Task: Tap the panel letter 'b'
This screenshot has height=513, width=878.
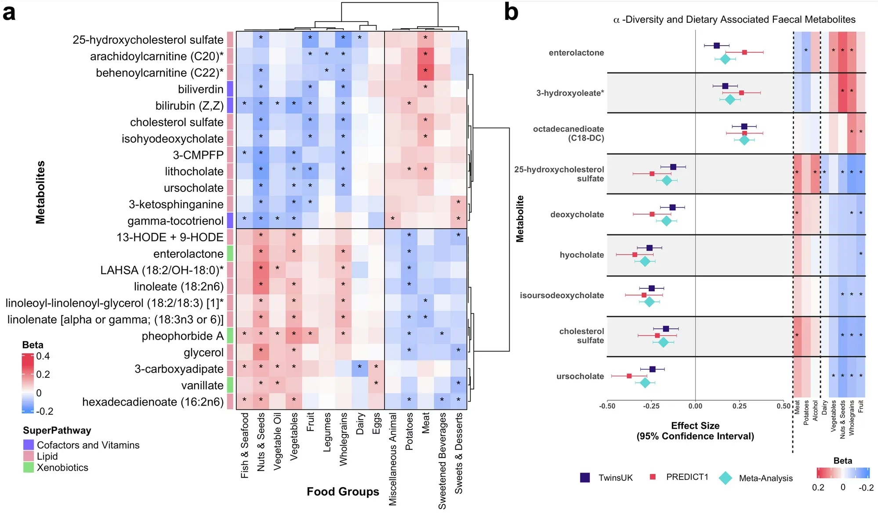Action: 511,12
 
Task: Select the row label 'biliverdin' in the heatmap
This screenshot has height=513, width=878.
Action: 200,89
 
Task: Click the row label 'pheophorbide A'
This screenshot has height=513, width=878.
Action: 182,336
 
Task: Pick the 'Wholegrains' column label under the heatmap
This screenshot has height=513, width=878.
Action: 343,439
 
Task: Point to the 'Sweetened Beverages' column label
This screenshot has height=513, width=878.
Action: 442,460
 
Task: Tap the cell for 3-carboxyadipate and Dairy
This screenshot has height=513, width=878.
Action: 359,367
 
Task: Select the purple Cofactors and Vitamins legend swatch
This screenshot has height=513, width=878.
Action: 29,445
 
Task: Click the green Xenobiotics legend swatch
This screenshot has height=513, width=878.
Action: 29,467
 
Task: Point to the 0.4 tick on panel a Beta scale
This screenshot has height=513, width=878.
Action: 43,356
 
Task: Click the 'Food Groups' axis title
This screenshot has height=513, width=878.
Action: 343,491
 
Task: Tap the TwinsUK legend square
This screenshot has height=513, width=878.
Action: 585,477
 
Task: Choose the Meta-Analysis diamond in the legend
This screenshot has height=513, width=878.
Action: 725,478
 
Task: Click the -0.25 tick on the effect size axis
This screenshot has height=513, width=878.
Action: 651,406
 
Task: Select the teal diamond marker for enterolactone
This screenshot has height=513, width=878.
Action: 725,59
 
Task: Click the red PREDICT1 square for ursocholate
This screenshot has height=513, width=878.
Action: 629,376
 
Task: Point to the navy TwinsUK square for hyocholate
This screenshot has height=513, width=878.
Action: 649,248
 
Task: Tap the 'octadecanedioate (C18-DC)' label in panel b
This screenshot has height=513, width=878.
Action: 569,133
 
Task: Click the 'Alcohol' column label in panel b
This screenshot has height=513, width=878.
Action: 816,410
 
